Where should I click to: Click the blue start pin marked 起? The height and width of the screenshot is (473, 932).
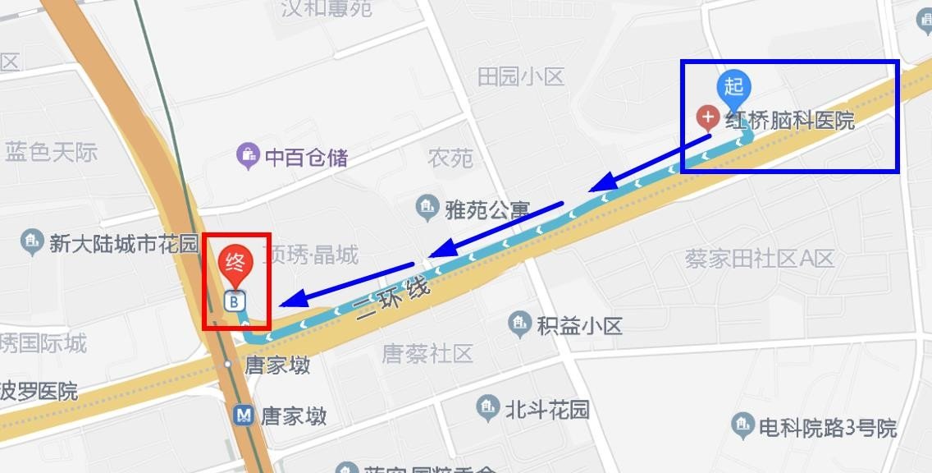click(734, 87)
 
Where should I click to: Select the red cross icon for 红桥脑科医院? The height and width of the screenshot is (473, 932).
click(708, 117)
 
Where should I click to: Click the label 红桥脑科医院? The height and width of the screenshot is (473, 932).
click(789, 121)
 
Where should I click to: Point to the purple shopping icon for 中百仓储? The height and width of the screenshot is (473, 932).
click(248, 155)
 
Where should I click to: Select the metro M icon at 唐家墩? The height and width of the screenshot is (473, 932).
click(244, 415)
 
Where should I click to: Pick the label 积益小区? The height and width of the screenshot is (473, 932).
click(579, 325)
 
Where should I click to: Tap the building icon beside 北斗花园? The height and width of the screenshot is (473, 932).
click(487, 407)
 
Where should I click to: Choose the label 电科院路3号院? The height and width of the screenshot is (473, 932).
click(828, 427)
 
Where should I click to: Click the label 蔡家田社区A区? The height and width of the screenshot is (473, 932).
click(760, 259)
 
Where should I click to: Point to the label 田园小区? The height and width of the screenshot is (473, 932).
click(521, 77)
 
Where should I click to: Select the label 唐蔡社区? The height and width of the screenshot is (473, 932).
click(427, 354)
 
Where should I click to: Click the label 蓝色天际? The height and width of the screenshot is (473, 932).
click(51, 152)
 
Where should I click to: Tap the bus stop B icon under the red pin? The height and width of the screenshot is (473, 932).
click(235, 301)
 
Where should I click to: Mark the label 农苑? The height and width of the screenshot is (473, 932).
click(450, 158)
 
